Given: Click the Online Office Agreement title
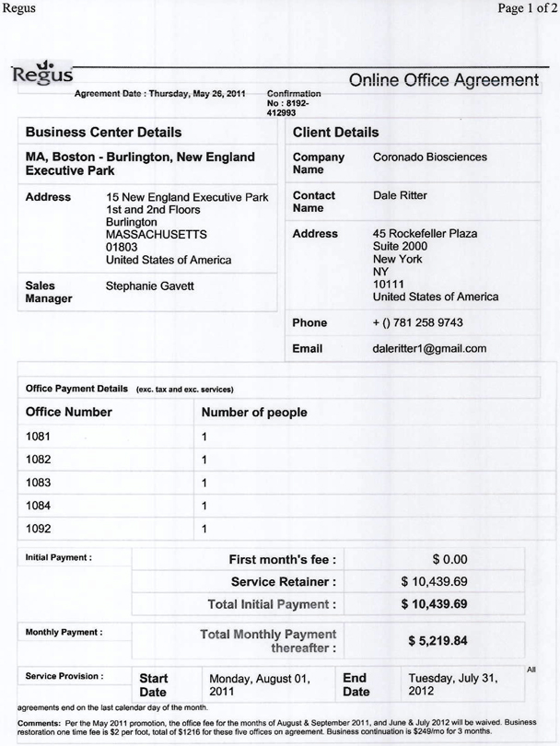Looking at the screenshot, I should pos(443,83).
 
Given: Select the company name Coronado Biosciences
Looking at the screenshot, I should pos(430,157).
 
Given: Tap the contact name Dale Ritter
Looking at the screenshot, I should pos(401,196).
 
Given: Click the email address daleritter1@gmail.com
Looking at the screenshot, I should pos(429,349).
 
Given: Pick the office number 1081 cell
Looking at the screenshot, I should pos(39,437).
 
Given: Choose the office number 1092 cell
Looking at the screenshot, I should pos(39,529).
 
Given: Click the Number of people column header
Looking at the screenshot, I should pos(254,413).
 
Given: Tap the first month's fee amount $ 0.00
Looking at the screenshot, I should pos(450,559).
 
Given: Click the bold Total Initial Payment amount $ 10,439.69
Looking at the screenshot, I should pos(435,604).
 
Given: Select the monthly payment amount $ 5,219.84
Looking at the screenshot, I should pos(437,641).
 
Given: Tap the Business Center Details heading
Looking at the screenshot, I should pos(103,134).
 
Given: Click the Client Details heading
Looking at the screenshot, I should pos(335,134).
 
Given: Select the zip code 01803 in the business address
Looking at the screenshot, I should pos(122,247).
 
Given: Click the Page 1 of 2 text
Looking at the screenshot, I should pos(524,9).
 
